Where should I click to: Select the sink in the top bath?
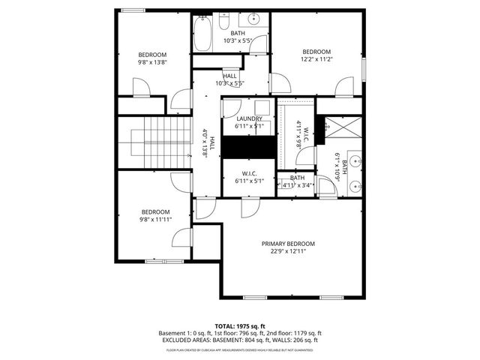253,20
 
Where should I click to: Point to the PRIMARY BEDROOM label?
288,244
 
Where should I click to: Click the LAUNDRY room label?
249,118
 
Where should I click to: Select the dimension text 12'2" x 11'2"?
316,60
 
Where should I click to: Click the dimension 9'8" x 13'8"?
152,63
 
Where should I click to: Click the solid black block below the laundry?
249,148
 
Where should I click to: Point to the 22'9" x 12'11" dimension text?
288,252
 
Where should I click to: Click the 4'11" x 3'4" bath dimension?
296,185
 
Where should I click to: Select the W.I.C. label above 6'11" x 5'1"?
250,173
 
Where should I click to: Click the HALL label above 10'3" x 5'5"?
229,76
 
